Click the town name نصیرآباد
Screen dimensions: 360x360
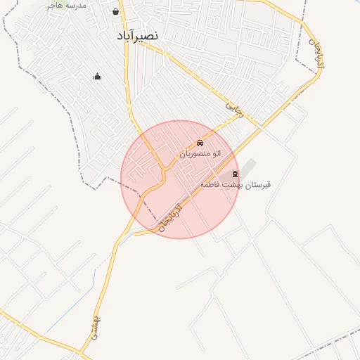[138, 34]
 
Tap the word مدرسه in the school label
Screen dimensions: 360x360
[75, 5]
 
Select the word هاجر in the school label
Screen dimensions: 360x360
[54, 5]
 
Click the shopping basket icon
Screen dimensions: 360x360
[115, 12]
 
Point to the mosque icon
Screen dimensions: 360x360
[97, 76]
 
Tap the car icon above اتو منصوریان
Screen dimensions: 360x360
[200, 143]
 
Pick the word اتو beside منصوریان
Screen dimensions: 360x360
[217, 153]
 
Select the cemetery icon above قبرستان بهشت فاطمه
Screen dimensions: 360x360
[235, 174]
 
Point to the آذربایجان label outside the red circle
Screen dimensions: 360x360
[316, 52]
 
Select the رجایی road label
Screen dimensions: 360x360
[233, 108]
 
